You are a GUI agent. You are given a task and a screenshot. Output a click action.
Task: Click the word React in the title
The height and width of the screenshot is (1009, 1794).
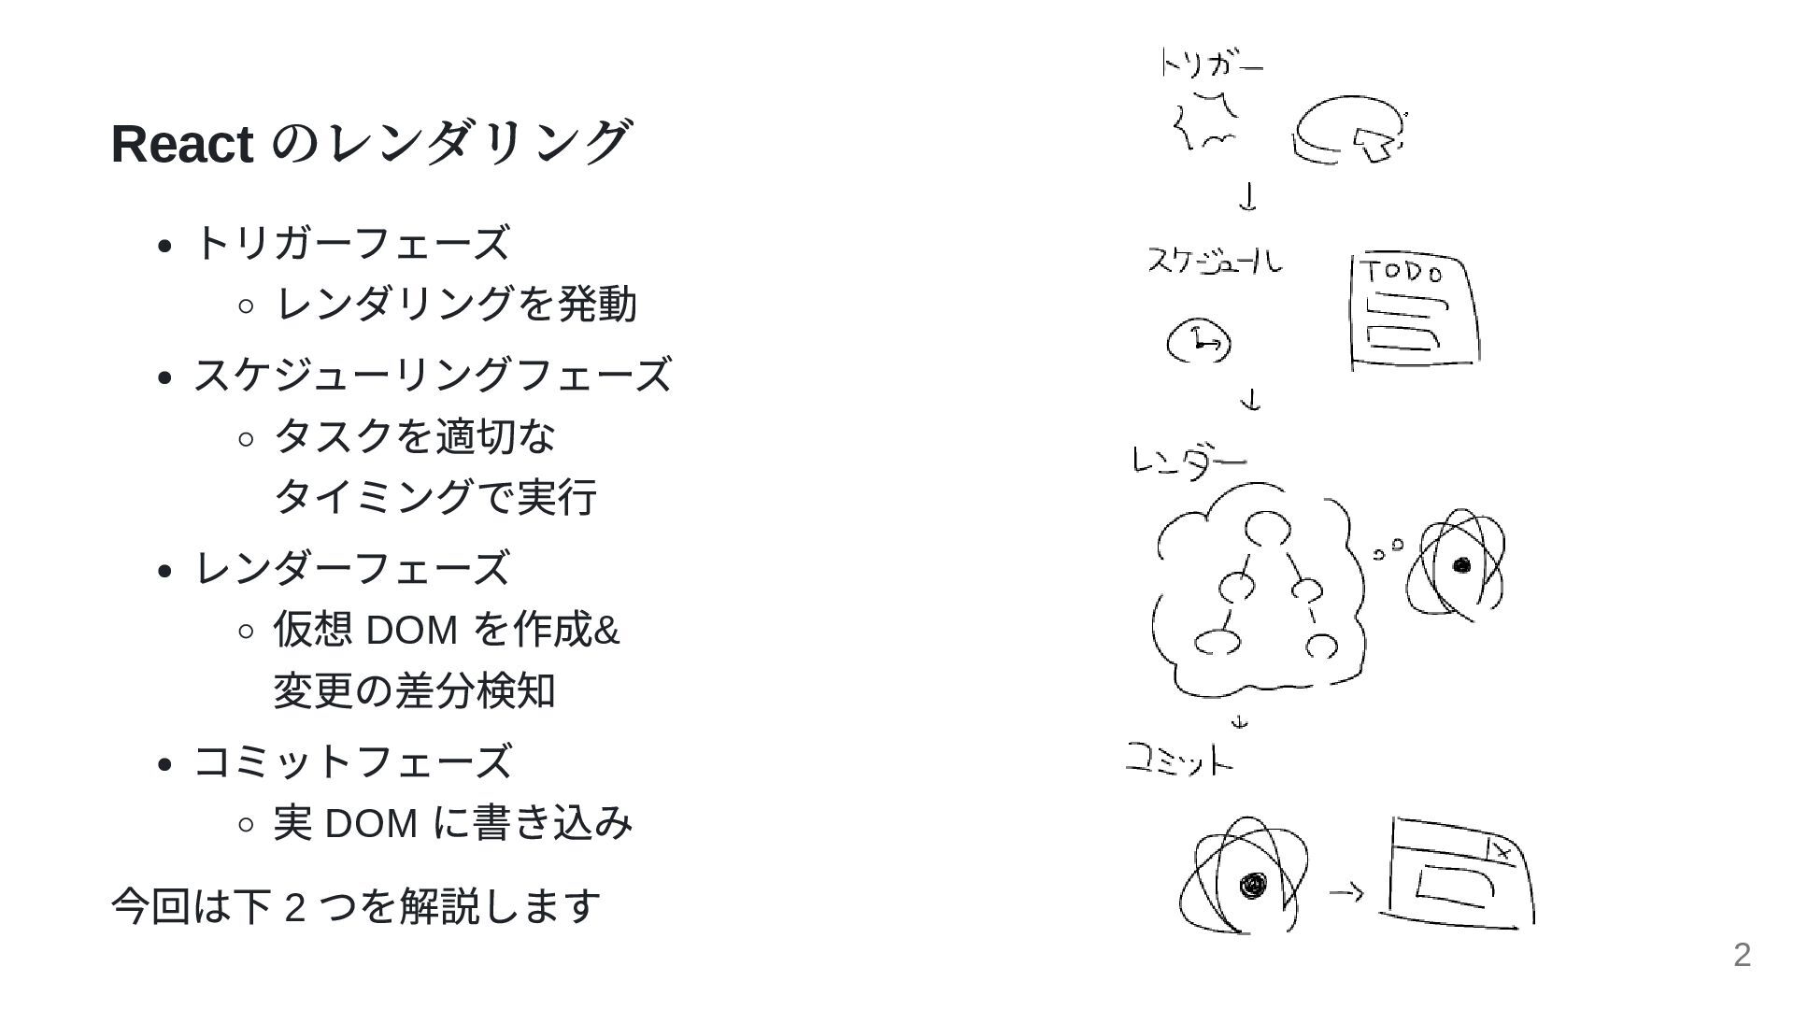pos(181,144)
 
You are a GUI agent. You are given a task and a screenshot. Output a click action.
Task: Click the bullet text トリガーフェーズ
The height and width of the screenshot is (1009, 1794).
pos(351,243)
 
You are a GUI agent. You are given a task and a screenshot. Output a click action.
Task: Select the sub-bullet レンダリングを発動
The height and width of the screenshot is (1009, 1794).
pos(456,305)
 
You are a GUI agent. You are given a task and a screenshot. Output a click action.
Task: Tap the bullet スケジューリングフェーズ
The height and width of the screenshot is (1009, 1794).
pos(432,375)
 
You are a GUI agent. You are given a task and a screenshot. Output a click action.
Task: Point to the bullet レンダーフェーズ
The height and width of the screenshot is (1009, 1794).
pos(351,568)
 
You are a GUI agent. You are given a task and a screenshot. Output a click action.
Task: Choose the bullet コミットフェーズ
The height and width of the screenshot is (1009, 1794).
pos(351,761)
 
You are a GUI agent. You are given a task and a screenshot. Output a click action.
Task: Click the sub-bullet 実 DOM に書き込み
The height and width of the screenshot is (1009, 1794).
pos(453,823)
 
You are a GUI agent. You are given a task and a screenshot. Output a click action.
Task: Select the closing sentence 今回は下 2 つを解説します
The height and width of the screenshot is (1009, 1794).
pos(356,905)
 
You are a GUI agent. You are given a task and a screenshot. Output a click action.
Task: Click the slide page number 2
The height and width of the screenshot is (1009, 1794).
pos(1742,955)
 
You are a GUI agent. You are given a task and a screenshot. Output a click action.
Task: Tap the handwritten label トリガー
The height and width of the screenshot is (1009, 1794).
pos(1211,64)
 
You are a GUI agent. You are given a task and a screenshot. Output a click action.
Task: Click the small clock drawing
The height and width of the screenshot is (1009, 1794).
pos(1199,343)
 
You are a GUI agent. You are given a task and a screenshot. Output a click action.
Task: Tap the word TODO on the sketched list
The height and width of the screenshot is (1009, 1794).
pos(1401,273)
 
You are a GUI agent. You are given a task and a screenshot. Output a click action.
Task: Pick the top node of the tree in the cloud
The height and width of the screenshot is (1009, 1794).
pos(1267,530)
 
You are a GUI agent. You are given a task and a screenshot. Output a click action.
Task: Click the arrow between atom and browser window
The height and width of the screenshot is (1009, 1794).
pos(1345,892)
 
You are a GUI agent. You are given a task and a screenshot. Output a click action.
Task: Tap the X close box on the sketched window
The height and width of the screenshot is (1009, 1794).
pos(1501,851)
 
